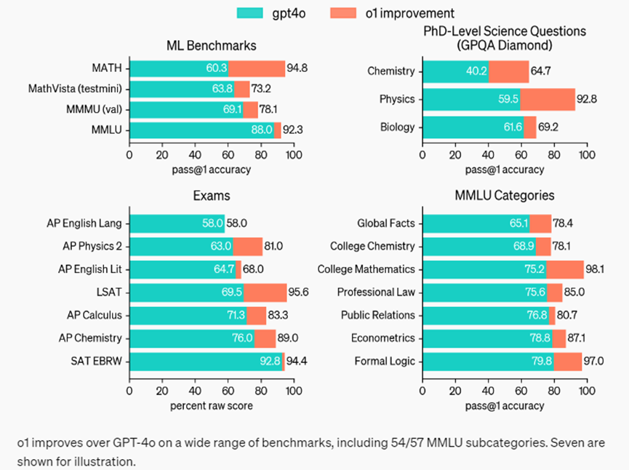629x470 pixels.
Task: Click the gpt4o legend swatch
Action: point(251,13)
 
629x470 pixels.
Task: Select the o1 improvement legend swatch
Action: point(344,13)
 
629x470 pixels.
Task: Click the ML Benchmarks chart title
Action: point(212,46)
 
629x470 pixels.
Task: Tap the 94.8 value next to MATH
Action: point(297,69)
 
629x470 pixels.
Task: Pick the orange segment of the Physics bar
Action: point(548,99)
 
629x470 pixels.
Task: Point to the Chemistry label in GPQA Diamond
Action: point(391,71)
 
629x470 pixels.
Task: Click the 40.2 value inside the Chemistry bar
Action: point(476,71)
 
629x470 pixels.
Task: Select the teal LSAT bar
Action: point(186,292)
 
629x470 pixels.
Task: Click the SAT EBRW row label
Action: point(97,362)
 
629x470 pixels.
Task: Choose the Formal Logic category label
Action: point(385,362)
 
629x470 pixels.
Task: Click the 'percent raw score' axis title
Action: point(211,405)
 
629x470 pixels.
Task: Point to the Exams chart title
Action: point(211,196)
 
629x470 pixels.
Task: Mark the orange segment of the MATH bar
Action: point(257,69)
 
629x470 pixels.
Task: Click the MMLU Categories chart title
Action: point(504,196)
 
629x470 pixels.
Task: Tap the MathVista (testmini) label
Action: point(75,89)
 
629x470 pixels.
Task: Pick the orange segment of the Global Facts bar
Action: point(540,223)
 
